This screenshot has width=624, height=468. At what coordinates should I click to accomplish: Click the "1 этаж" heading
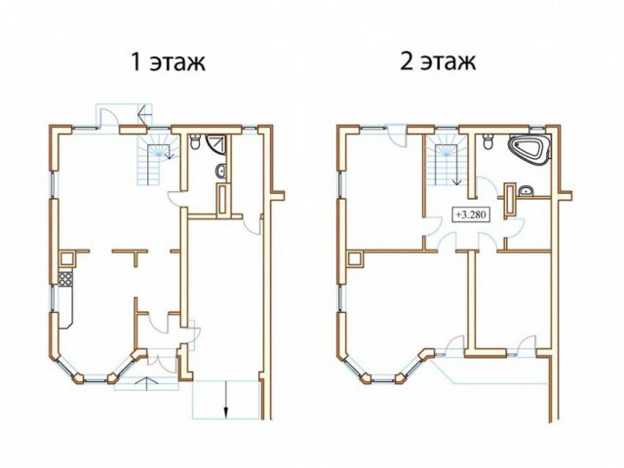pos(168,62)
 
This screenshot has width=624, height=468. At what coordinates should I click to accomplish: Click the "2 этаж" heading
pos(438,61)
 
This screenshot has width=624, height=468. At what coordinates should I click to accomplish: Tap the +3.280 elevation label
pos(471,214)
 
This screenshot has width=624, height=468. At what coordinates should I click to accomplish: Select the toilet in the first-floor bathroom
pos(195,142)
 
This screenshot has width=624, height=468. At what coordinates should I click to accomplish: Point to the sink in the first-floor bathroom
pos(221,172)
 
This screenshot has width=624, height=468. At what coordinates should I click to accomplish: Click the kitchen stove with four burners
pos(65,279)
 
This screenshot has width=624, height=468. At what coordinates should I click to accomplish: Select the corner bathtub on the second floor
pos(529,149)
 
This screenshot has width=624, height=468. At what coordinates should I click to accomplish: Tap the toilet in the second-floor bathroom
pos(488,142)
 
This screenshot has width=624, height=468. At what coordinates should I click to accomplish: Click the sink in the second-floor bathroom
pos(526,191)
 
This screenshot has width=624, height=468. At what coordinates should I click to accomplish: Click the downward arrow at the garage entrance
pos(226,399)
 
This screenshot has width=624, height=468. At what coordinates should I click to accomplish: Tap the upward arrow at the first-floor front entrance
pos(145,383)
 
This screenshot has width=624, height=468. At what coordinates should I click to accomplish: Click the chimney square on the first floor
pos(67,259)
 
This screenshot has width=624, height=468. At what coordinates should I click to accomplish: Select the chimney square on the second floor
pos(355,259)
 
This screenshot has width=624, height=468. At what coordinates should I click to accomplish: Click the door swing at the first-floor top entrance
pos(107,118)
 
